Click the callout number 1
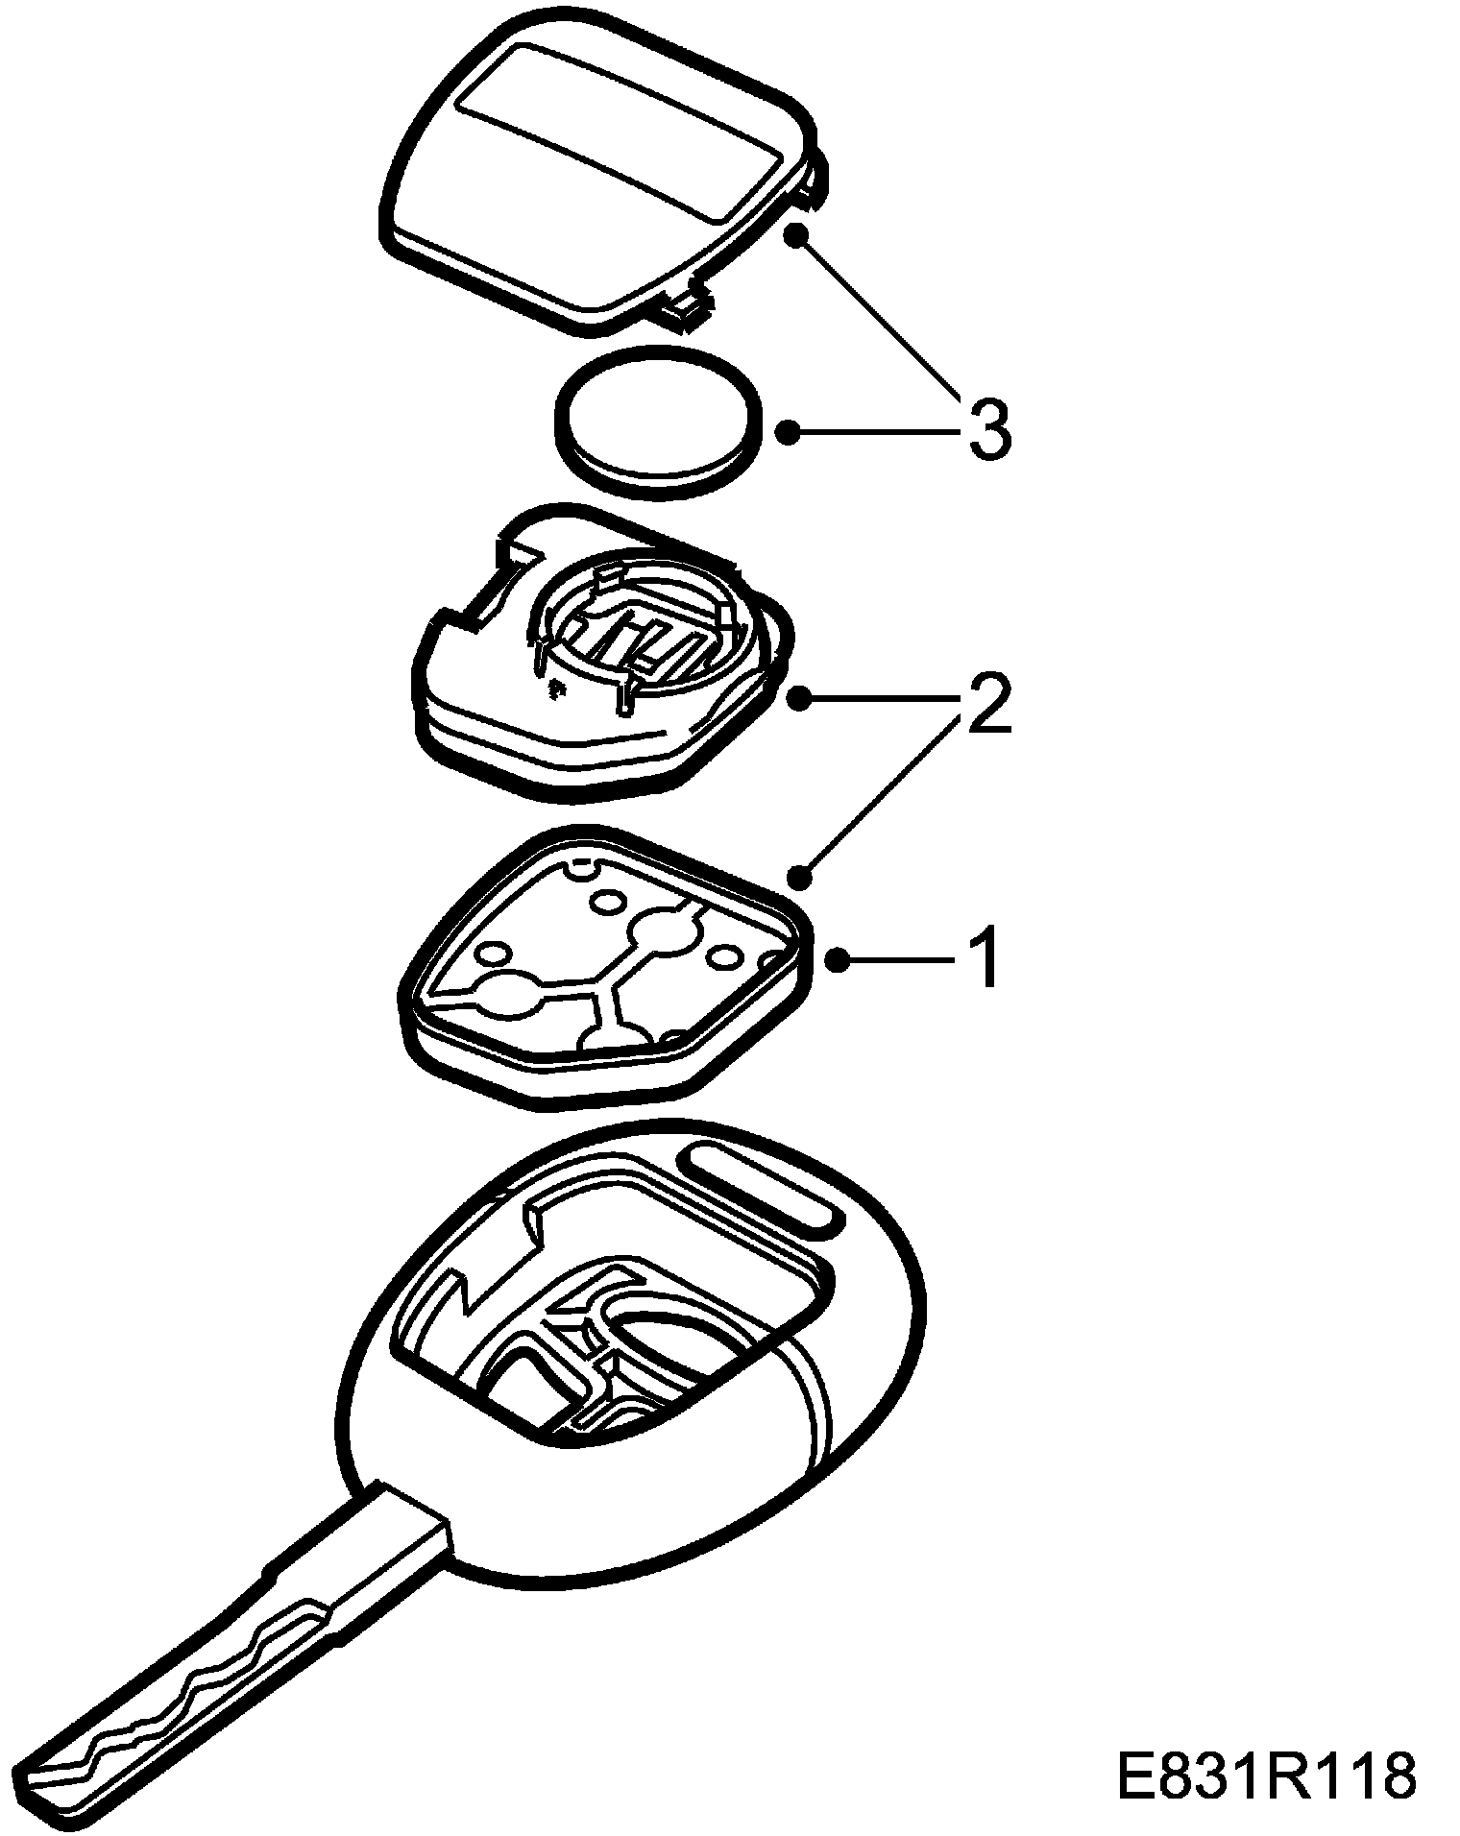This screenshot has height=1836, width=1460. coord(982,958)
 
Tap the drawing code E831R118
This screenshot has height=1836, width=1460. coord(1266,1777)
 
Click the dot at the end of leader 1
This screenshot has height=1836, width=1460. coord(838,958)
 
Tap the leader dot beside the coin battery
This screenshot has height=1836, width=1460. coord(788,432)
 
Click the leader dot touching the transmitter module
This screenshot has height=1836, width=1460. coord(796,698)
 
